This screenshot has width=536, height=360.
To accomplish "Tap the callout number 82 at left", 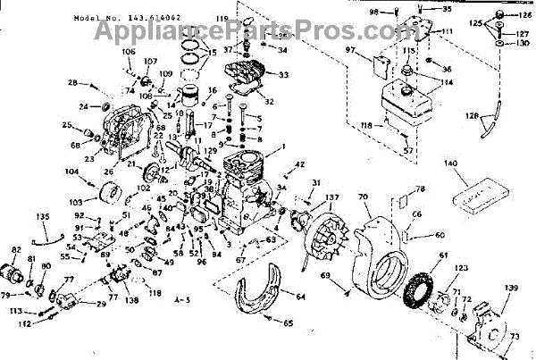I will pyautogui.click(x=16, y=249).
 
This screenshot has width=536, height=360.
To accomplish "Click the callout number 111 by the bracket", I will pyautogui.click(x=447, y=32).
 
